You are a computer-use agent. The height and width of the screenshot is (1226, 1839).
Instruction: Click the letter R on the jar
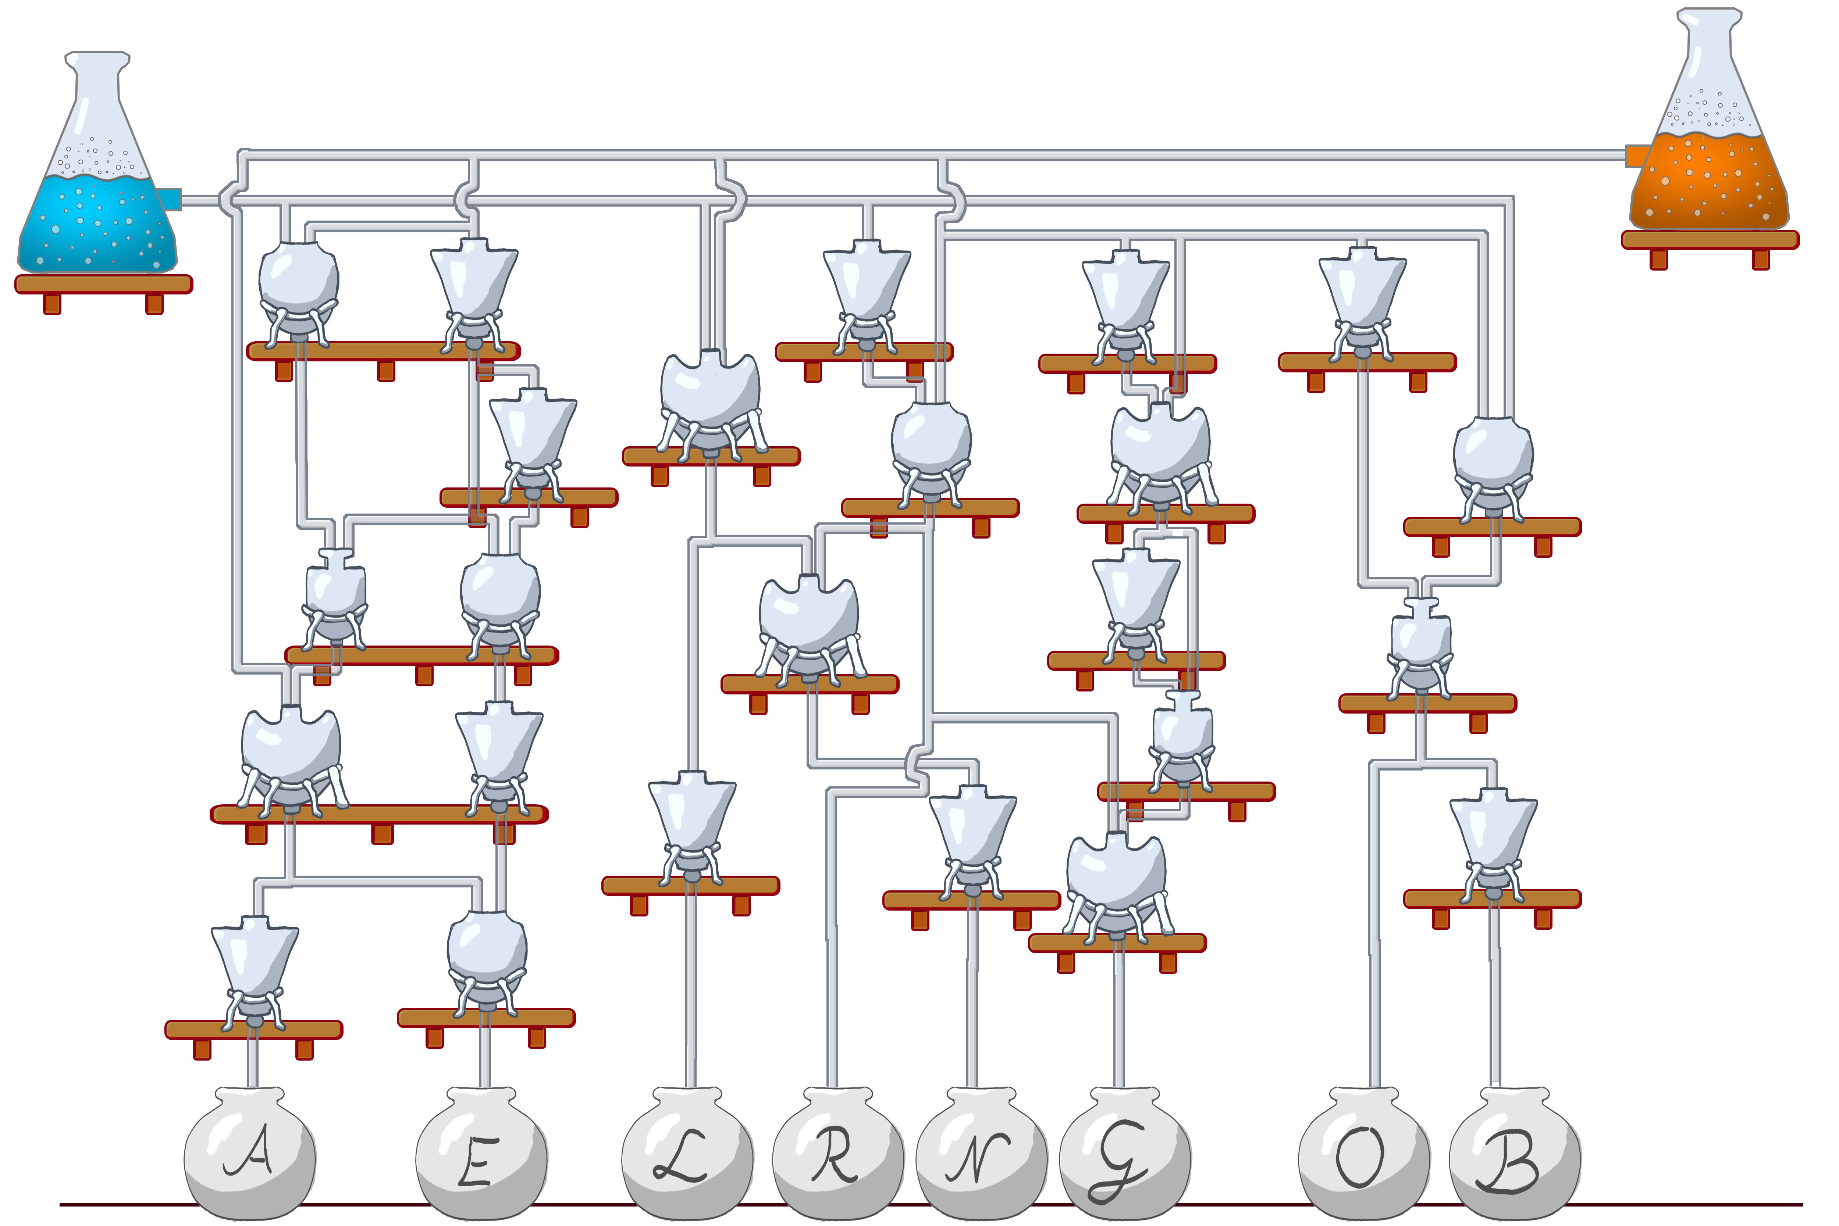pos(833,1156)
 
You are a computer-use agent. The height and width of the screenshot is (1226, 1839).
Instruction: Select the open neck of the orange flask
pos(1710,14)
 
